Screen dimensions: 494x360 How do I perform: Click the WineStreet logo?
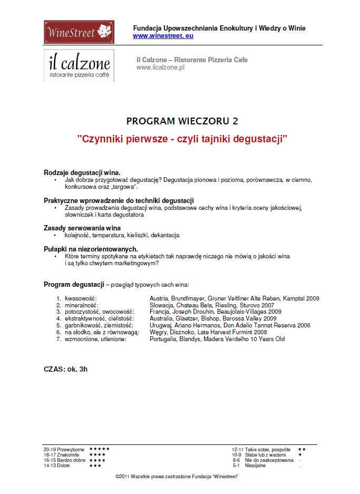79,33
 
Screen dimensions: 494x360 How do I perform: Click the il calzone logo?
79,66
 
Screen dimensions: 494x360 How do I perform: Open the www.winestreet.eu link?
163,36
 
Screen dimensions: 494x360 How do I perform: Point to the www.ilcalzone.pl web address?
160,67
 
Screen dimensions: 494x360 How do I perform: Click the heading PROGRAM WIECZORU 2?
182,121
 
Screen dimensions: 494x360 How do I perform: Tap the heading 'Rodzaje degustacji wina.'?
82,172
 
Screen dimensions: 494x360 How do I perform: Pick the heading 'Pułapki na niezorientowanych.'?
91,249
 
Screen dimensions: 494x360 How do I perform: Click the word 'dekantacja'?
165,235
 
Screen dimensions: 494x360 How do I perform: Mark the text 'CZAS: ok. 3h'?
65,369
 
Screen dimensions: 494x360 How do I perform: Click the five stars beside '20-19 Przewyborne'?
99,449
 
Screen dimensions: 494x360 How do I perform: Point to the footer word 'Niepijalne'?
255,466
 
